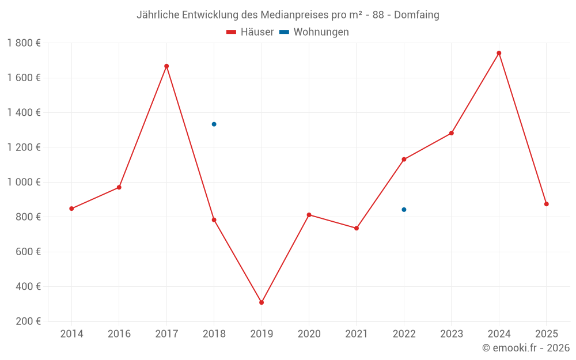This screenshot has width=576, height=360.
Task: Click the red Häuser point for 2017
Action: [x=166, y=66]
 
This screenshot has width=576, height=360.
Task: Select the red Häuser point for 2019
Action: [x=262, y=302]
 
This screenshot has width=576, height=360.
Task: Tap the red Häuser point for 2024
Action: [x=499, y=53]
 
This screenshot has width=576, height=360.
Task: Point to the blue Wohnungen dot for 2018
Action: [x=214, y=124]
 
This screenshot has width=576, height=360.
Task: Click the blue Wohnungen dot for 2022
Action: [x=404, y=210]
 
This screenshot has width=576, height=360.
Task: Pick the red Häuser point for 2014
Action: [x=71, y=209]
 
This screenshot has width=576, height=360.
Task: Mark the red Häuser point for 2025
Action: [x=546, y=204]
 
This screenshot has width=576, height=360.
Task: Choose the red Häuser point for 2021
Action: [x=357, y=228]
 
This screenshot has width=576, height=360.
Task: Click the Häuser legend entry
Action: [x=251, y=32]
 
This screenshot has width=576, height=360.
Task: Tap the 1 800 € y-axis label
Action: [x=24, y=43]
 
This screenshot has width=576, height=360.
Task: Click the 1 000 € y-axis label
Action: [x=24, y=182]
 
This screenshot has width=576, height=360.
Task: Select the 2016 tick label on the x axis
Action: [x=119, y=334]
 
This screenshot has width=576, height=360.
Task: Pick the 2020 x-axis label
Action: [x=309, y=334]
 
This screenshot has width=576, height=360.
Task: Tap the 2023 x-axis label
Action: [x=451, y=334]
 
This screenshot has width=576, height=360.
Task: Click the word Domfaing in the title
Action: [x=416, y=15]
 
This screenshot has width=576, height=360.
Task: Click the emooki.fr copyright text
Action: [x=526, y=348]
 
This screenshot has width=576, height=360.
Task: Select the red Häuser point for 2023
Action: [x=452, y=133]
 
